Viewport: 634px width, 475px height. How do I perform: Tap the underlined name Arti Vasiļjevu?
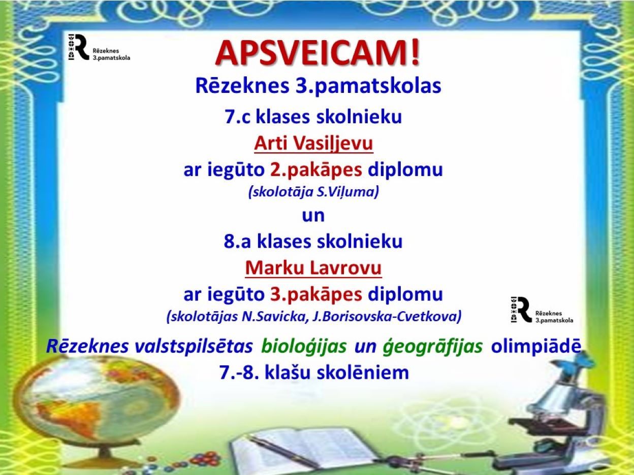point(313,144)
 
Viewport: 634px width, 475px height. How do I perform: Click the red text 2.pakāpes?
point(316,170)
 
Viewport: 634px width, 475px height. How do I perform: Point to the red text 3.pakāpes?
point(316,294)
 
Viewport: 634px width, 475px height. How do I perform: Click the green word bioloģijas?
point(304,347)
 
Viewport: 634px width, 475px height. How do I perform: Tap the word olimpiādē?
point(536,346)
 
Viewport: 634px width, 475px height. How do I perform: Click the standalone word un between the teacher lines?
point(313,216)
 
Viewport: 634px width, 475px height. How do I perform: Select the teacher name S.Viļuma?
point(348,192)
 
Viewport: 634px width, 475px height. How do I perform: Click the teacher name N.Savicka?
point(274,317)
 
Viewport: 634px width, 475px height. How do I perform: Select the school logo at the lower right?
point(542,310)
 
